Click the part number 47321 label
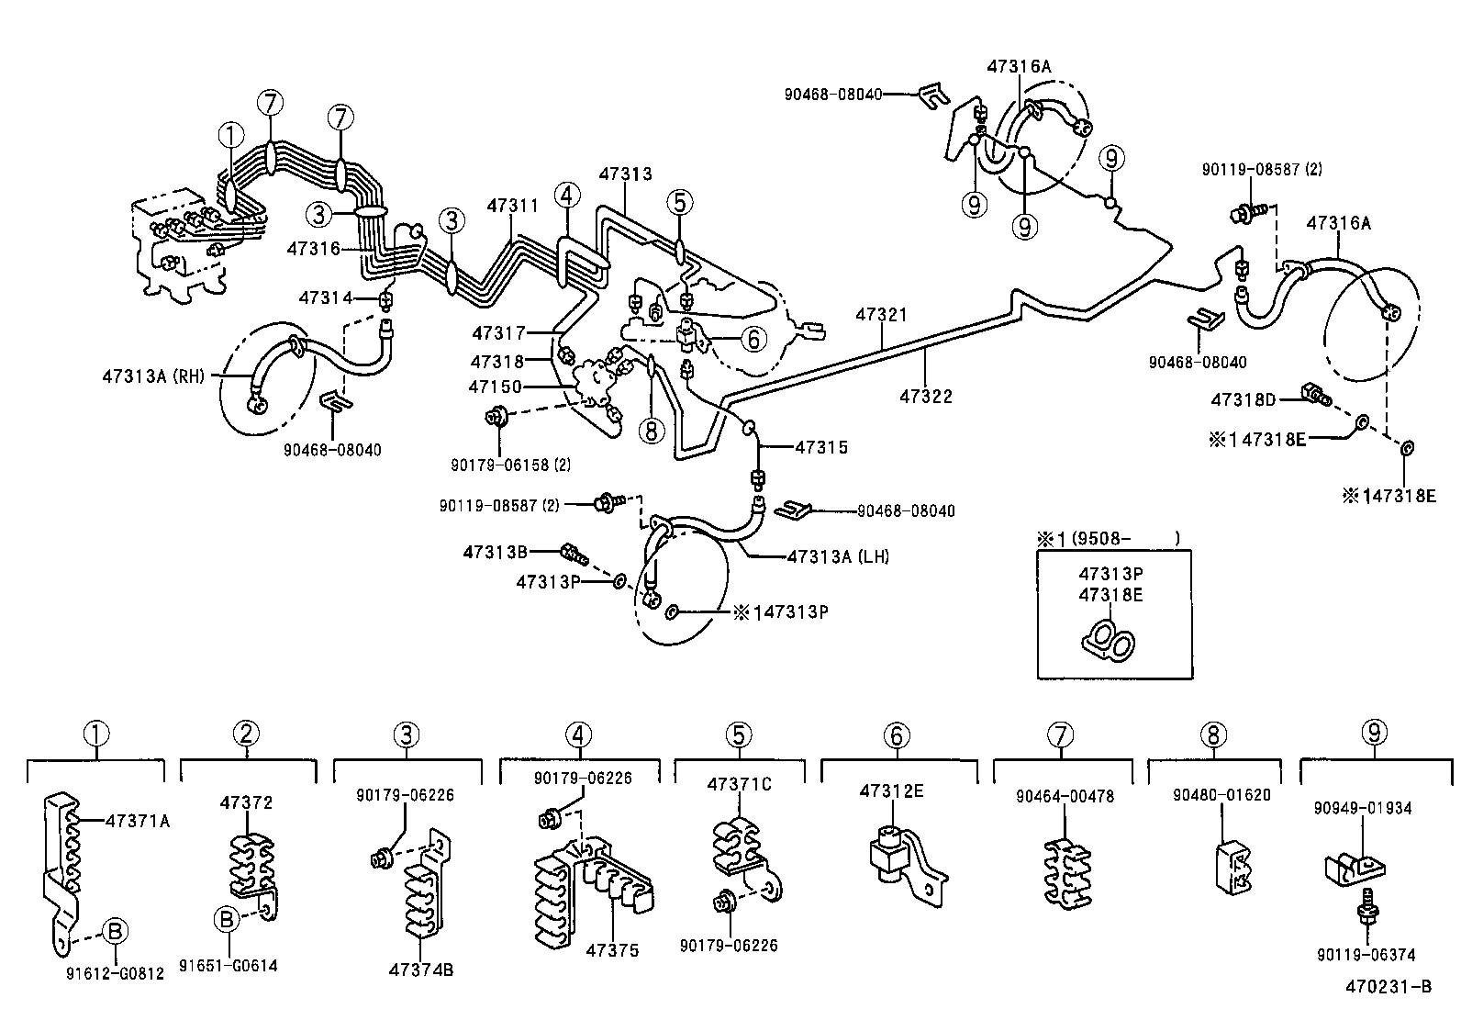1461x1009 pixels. (x=881, y=315)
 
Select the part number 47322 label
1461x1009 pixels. (x=926, y=397)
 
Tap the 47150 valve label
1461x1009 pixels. (x=495, y=387)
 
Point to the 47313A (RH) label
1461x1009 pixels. (x=155, y=375)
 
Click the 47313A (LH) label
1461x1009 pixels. (x=838, y=556)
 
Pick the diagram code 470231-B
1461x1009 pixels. (x=1389, y=988)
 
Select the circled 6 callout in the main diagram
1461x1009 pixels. (x=753, y=340)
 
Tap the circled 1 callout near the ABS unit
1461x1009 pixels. (x=231, y=136)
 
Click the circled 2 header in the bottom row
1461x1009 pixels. (x=246, y=734)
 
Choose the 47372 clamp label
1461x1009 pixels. (x=246, y=802)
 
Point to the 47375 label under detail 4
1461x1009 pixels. (x=612, y=950)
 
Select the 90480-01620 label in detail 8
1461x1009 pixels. (x=1221, y=795)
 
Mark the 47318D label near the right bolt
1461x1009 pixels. (x=1243, y=399)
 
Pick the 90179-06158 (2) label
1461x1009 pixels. (x=510, y=465)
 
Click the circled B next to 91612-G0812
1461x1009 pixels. (x=115, y=931)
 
